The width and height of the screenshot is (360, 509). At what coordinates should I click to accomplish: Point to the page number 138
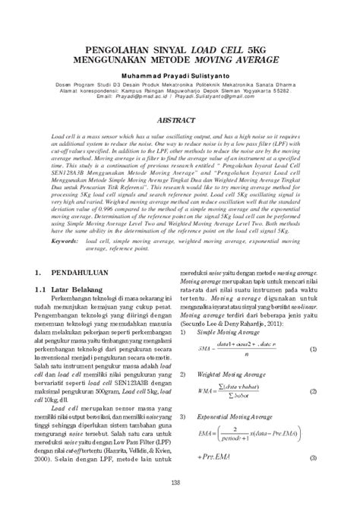180,484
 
